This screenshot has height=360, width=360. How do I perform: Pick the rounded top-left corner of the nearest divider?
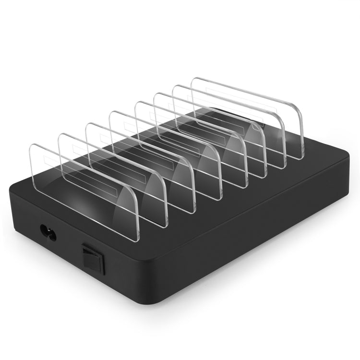click(33, 145)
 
